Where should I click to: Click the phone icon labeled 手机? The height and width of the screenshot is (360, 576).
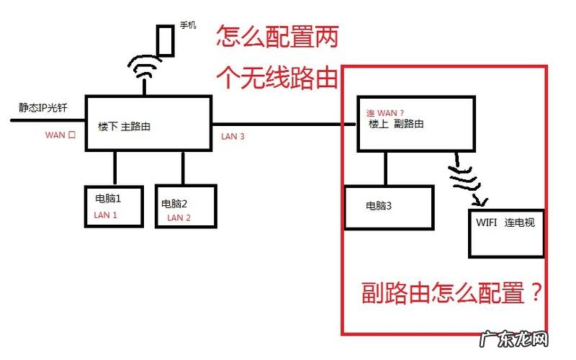(166, 41)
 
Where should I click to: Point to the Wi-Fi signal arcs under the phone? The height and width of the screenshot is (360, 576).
(145, 68)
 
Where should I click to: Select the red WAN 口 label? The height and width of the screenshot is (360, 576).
(60, 134)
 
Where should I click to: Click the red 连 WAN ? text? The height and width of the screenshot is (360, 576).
(386, 112)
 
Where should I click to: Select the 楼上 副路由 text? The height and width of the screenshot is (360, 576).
(396, 124)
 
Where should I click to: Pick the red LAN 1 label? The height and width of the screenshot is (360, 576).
(105, 215)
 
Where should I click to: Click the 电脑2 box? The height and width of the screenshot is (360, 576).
(186, 207)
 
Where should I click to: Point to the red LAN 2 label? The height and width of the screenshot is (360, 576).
(179, 217)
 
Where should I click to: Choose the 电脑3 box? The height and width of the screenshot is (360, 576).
(389, 207)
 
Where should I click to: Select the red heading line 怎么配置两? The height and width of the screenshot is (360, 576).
(277, 36)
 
